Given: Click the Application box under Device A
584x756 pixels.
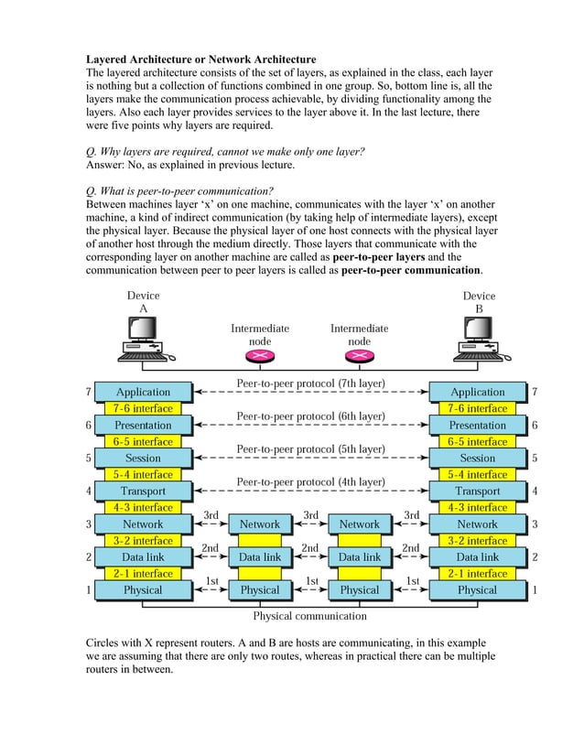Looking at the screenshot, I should pyautogui.click(x=143, y=392).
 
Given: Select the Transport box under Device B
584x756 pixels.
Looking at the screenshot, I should pyautogui.click(x=477, y=491).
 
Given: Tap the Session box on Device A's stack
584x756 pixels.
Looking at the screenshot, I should pyautogui.click(x=143, y=458).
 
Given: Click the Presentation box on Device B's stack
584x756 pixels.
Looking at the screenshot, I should pyautogui.click(x=477, y=425).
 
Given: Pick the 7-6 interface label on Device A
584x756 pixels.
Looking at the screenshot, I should pyautogui.click(x=143, y=408).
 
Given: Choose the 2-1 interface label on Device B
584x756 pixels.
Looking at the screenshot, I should pyautogui.click(x=477, y=573).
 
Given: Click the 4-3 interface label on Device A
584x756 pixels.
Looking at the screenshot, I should pyautogui.click(x=143, y=507).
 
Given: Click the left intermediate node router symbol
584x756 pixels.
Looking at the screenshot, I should pyautogui.click(x=260, y=356).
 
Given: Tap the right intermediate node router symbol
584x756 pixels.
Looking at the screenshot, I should pyautogui.click(x=360, y=356).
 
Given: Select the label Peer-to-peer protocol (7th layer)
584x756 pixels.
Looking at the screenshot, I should pyautogui.click(x=310, y=383).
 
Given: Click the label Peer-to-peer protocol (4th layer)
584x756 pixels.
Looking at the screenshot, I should pyautogui.click(x=310, y=481).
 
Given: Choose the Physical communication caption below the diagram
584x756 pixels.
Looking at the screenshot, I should pyautogui.click(x=309, y=616).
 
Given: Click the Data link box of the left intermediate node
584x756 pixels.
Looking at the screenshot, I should pyautogui.click(x=260, y=556).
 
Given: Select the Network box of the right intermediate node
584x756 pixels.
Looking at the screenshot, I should pyautogui.click(x=360, y=524).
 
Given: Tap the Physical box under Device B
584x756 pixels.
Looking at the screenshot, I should pyautogui.click(x=477, y=589).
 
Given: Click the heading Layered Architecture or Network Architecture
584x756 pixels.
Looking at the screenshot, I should pyautogui.click(x=200, y=59).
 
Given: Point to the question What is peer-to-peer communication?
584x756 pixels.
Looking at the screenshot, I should pyautogui.click(x=178, y=191).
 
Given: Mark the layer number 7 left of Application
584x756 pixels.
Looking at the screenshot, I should pyautogui.click(x=89, y=392).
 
